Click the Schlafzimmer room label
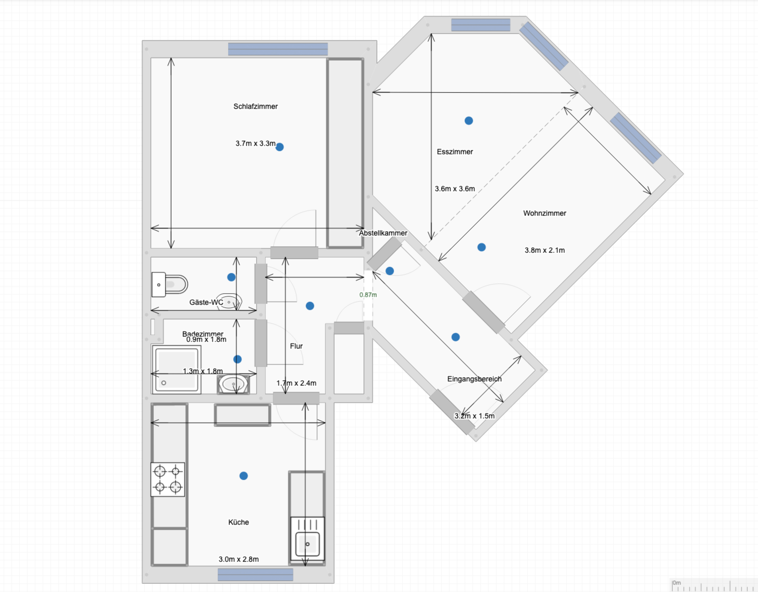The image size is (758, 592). click(x=256, y=106)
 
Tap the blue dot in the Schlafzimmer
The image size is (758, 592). click(x=279, y=147)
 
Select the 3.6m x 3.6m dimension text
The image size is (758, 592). click(x=455, y=189)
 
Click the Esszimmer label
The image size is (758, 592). click(x=455, y=152)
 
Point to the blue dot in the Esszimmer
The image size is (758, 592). click(x=469, y=120)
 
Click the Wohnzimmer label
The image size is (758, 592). click(x=545, y=213)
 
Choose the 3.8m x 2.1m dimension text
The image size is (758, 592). click(x=545, y=250)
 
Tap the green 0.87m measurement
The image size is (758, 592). click(x=368, y=295)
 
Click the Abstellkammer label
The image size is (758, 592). click(x=383, y=233)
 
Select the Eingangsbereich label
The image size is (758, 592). click(x=474, y=379)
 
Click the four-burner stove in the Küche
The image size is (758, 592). click(x=168, y=479)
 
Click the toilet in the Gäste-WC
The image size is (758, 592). click(x=170, y=284)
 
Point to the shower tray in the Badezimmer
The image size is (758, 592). click(x=177, y=369)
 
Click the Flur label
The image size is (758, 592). click(x=296, y=346)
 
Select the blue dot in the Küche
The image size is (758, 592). click(x=244, y=476)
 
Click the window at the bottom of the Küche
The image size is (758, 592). click(x=256, y=575)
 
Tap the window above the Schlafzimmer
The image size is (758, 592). click(x=278, y=49)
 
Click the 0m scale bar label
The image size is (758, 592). click(x=676, y=583)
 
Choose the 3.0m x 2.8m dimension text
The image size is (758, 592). click(x=238, y=559)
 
